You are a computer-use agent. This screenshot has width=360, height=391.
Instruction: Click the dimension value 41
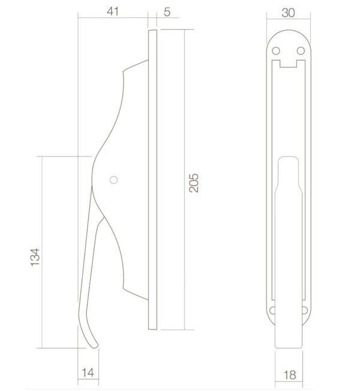coord(113,11)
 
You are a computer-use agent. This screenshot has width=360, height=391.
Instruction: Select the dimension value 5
coord(167,12)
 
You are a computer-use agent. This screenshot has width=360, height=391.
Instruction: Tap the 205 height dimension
coord(194,183)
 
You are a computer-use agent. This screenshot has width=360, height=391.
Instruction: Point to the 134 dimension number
coord(35,257)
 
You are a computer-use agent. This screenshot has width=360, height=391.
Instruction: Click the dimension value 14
coord(88,373)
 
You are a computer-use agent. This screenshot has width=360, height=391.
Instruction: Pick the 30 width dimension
coord(288,13)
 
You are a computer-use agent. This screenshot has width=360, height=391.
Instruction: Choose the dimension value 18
coord(290,375)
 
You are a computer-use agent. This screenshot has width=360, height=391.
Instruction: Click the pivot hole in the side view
coord(113,180)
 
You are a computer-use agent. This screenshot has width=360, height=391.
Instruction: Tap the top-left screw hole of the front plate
coord(276,50)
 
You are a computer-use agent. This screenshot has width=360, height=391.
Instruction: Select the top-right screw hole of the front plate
coord(301,50)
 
